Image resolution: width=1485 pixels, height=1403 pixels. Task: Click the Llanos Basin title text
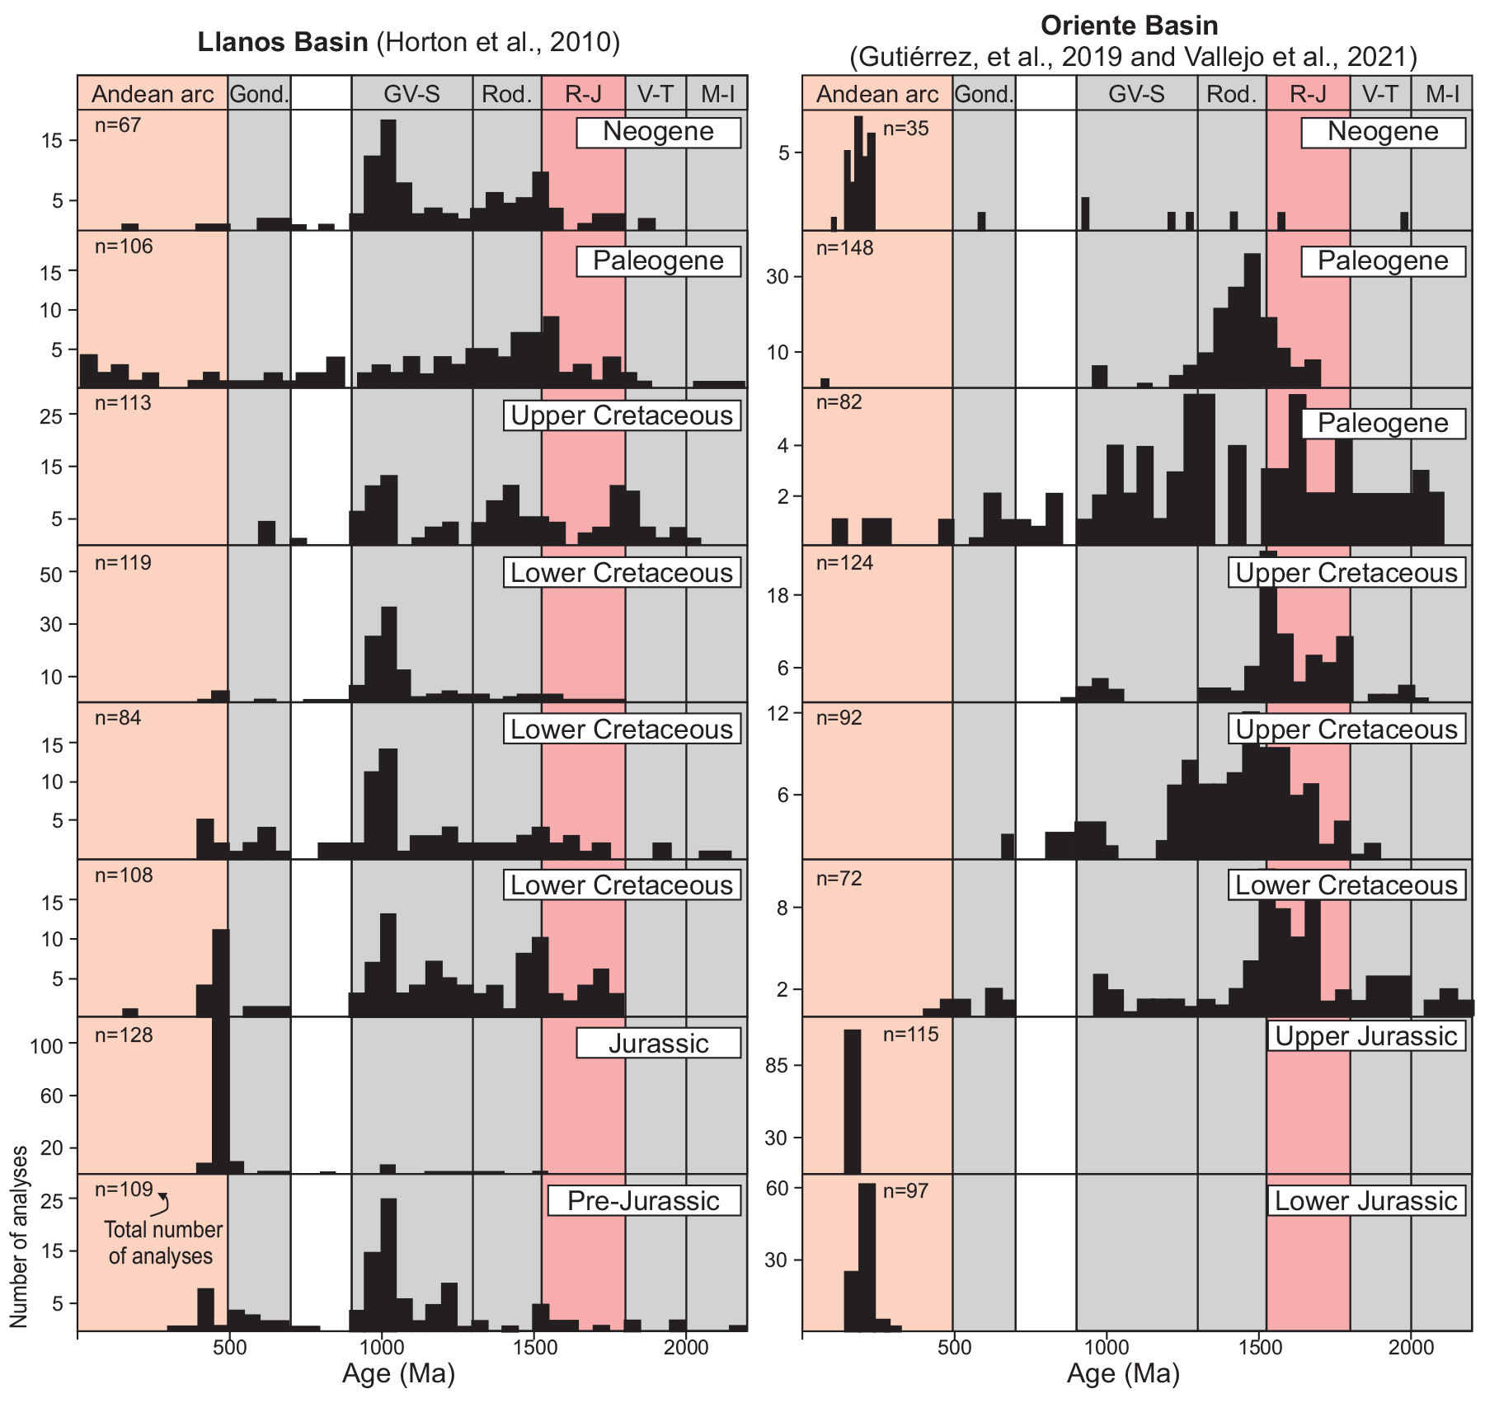point(408,42)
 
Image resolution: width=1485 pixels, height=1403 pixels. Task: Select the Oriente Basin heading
point(1129,26)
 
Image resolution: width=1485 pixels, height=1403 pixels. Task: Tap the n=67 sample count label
point(118,125)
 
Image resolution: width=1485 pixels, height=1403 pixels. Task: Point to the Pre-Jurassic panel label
point(644,1201)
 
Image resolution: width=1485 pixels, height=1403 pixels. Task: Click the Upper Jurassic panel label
point(1366,1035)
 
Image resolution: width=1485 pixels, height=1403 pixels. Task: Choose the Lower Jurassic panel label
point(1366,1200)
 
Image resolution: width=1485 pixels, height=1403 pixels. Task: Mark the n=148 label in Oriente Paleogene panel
point(844,248)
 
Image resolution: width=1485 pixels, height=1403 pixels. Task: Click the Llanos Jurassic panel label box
point(659,1044)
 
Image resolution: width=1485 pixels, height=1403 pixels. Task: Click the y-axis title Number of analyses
point(19,1236)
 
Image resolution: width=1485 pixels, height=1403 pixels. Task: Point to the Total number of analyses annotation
point(162,1243)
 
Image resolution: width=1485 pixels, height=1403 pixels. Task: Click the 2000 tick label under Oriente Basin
point(1412,1347)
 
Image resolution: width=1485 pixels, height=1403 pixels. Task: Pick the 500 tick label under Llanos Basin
point(230,1347)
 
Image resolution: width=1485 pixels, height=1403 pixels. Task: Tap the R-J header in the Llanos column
point(583,94)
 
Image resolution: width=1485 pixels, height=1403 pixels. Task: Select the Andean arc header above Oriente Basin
point(877,94)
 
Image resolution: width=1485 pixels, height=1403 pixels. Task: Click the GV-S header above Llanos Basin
point(411,94)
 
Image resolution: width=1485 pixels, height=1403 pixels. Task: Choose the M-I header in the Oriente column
point(1442,94)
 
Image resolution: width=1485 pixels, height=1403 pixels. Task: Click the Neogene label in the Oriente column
point(1383,132)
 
